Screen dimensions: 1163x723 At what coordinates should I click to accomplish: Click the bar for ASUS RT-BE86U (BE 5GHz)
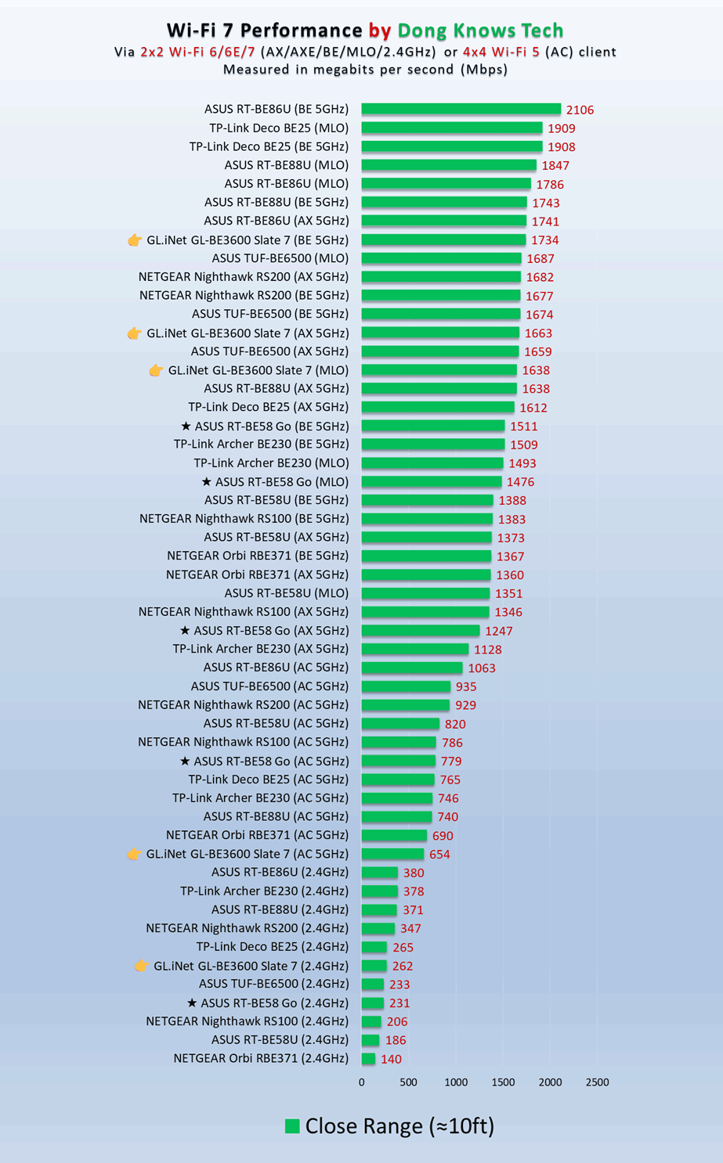[x=461, y=110]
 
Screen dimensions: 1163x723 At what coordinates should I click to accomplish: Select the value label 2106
[x=580, y=110]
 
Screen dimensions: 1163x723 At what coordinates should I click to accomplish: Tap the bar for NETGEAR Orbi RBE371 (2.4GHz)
[x=368, y=1059]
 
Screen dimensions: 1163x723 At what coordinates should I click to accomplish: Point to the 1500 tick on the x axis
[x=503, y=1082]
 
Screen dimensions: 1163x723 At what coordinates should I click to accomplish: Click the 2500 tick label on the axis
[x=597, y=1082]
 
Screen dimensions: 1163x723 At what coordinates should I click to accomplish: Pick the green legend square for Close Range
[x=292, y=1126]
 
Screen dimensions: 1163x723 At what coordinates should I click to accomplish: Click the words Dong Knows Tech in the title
[x=480, y=31]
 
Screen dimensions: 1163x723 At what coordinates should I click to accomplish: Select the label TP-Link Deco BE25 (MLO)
[x=279, y=128]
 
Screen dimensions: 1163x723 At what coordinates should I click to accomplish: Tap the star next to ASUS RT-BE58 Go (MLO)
[x=206, y=482]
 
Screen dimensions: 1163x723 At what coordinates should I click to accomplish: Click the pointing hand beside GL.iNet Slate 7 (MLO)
[x=156, y=370]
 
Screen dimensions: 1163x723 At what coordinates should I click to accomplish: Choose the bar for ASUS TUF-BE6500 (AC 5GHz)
[x=406, y=686]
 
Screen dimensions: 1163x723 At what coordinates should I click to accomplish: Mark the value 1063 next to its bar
[x=482, y=668]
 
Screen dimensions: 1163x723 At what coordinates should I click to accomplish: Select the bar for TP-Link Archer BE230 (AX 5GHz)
[x=414, y=649]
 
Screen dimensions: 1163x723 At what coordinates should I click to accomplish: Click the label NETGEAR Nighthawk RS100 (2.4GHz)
[x=247, y=1021]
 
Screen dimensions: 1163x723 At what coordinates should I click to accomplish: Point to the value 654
[x=439, y=855]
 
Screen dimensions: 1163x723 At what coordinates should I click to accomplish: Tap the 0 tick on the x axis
[x=361, y=1082]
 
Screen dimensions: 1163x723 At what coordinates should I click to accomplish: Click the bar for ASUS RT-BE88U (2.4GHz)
[x=379, y=909]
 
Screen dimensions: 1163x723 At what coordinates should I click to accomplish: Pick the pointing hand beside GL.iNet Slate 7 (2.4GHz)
[x=141, y=966]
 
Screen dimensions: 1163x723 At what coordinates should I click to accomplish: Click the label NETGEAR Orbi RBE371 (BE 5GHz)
[x=258, y=556]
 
